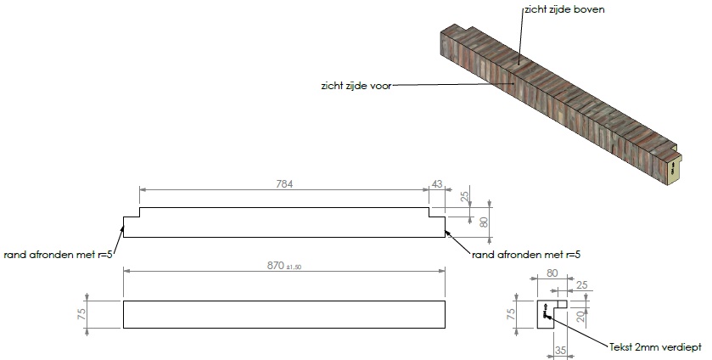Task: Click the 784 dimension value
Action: pos(285,184)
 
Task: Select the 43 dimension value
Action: pos(438,184)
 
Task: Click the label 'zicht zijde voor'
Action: pos(355,85)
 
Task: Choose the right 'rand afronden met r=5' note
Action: pos(525,253)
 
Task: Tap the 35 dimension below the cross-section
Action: pos(559,348)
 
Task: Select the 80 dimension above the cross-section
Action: pos(552,273)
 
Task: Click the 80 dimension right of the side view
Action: pos(484,222)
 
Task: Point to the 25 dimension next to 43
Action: pos(464,197)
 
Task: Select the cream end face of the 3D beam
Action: pos(674,169)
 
